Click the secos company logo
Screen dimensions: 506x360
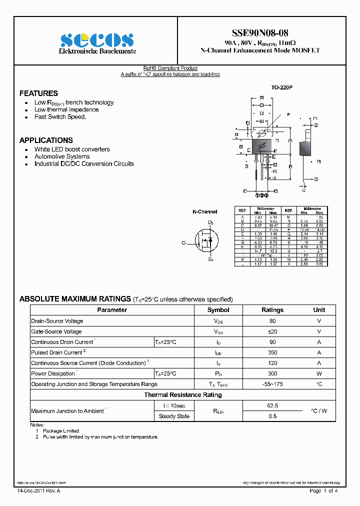pos(97,40)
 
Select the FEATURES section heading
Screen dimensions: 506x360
pos(38,93)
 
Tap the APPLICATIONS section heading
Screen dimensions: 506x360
pos(46,140)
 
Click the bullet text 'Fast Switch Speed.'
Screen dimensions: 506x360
pos(60,117)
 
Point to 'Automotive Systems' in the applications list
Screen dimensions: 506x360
pos(62,156)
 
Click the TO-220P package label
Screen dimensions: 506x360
pos(281,87)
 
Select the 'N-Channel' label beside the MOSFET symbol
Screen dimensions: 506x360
pos(205,212)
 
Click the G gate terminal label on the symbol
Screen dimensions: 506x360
pos(183,242)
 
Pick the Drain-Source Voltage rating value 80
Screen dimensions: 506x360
pos(272,321)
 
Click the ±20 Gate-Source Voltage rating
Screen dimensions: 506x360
pos(272,331)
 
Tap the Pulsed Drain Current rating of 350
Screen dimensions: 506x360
pos(272,352)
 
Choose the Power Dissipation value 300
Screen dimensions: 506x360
pos(272,373)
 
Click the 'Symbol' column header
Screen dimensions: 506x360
pos(218,310)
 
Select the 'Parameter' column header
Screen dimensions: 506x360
pos(112,310)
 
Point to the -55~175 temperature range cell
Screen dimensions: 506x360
pos(272,384)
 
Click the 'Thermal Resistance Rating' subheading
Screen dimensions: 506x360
pos(183,395)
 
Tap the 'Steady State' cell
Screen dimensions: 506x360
pos(174,416)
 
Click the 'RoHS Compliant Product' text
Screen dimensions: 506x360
pos(170,68)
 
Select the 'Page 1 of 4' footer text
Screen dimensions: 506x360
pos(324,491)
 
